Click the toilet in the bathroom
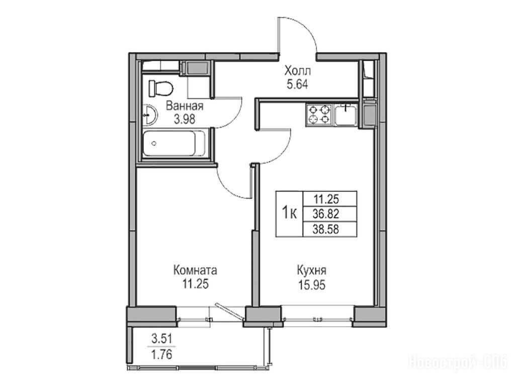coord(160,88)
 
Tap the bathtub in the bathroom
coord(175,144)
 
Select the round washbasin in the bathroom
coord(150,115)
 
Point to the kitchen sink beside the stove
coord(346,115)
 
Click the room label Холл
coord(297,71)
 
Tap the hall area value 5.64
coord(297,85)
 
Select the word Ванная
coord(185,106)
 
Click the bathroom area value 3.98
coord(185,119)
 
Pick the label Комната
coord(195,271)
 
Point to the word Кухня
coord(312,271)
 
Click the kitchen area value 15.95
coord(312,285)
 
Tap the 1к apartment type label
coord(289,214)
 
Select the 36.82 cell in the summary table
coord(326,214)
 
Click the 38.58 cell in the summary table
coord(326,229)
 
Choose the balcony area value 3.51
coord(161,338)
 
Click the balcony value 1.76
coord(161,354)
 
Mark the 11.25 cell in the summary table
coord(326,199)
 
